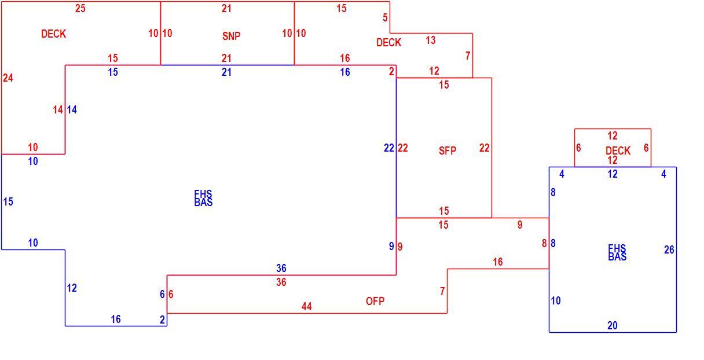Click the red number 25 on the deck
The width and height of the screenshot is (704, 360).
coord(80,9)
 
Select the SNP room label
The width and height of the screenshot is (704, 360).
coord(232,36)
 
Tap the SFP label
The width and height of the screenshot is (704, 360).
coord(447,151)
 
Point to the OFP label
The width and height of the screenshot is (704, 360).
coord(375,302)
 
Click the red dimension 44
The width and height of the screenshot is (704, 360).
coord(306,306)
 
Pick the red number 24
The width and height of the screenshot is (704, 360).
coord(8,78)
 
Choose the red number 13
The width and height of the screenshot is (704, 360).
coord(431,40)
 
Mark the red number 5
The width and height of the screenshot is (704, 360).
coord(385,17)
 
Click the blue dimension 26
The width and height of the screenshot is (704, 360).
coord(669,249)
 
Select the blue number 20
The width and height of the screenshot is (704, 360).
coord(612,325)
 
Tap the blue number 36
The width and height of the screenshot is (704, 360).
coord(281,268)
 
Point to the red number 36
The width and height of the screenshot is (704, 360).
coord(281,282)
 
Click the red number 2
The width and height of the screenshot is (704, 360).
coord(391,72)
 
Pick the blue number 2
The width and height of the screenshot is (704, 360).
coord(162,320)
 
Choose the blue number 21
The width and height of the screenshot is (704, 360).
coord(226,72)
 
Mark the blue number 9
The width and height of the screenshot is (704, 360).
coord(391,247)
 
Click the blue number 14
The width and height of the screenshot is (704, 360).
coord(72,109)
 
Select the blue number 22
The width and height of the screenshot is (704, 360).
coord(389,148)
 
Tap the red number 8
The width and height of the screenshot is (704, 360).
coord(544,243)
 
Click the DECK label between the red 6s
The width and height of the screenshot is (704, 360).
coord(618,151)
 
